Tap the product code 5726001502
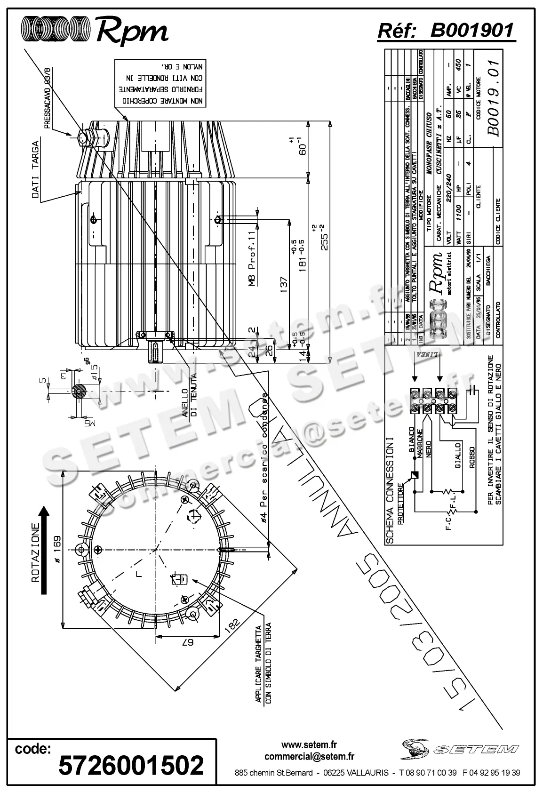click(x=131, y=764)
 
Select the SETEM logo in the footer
click(x=460, y=747)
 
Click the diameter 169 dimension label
click(x=57, y=548)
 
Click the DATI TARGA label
click(x=36, y=170)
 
